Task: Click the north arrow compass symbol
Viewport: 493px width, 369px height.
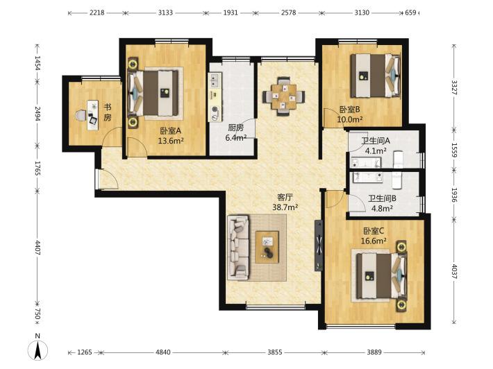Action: point(37,350)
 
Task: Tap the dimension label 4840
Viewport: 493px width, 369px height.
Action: point(163,352)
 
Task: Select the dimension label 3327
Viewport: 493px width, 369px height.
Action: point(454,87)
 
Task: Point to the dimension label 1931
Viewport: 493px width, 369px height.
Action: point(231,13)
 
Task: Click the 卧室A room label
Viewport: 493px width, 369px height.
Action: point(170,130)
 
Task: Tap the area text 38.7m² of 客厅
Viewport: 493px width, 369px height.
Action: point(285,207)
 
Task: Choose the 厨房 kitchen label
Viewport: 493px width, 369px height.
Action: point(235,128)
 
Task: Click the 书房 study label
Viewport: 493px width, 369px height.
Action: point(108,112)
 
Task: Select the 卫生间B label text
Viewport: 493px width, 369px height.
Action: point(382,198)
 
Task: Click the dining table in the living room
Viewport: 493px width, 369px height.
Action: point(284,96)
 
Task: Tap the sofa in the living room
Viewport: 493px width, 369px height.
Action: point(238,248)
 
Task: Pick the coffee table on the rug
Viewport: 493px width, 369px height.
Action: point(267,247)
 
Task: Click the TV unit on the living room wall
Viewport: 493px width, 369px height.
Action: point(319,246)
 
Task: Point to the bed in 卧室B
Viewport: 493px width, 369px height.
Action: point(376,76)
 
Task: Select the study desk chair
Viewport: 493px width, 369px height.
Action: point(81,116)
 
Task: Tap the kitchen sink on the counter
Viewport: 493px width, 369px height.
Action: point(215,80)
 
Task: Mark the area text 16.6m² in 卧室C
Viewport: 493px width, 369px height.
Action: point(374,241)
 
